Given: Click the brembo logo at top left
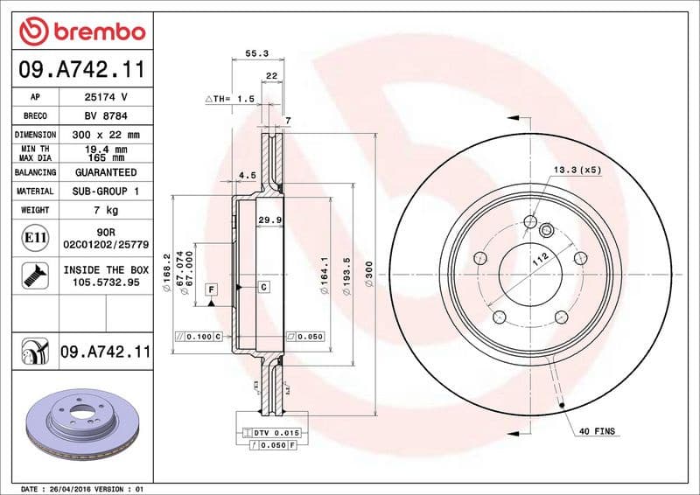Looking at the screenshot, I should pyautogui.click(x=81, y=32).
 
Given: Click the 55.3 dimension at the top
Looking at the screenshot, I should pyautogui.click(x=256, y=53).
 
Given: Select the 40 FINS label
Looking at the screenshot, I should pyautogui.click(x=597, y=431).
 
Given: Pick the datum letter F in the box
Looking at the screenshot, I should pyautogui.click(x=211, y=288).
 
